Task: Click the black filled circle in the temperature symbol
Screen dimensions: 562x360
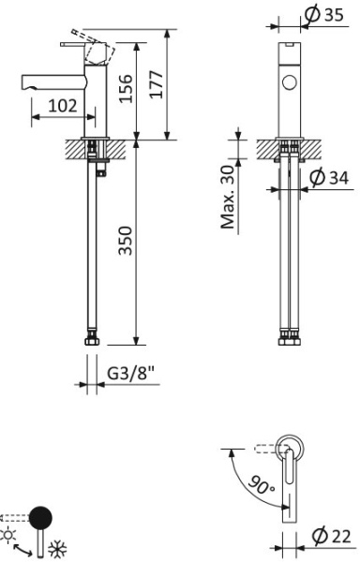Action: (41, 516)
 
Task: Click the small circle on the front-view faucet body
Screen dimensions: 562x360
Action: (289, 81)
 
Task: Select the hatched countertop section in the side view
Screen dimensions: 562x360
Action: (71, 147)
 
